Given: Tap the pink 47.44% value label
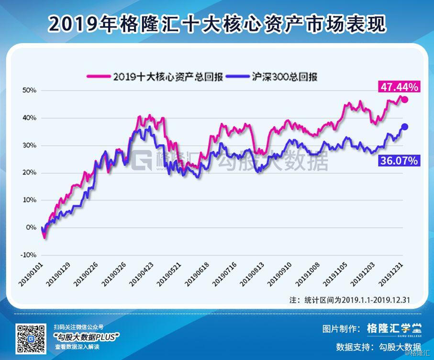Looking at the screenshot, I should click(400, 87).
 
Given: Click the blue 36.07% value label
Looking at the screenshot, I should click(399, 160).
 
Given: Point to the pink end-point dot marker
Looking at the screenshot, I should click(404, 100).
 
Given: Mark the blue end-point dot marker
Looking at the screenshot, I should click(404, 126).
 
